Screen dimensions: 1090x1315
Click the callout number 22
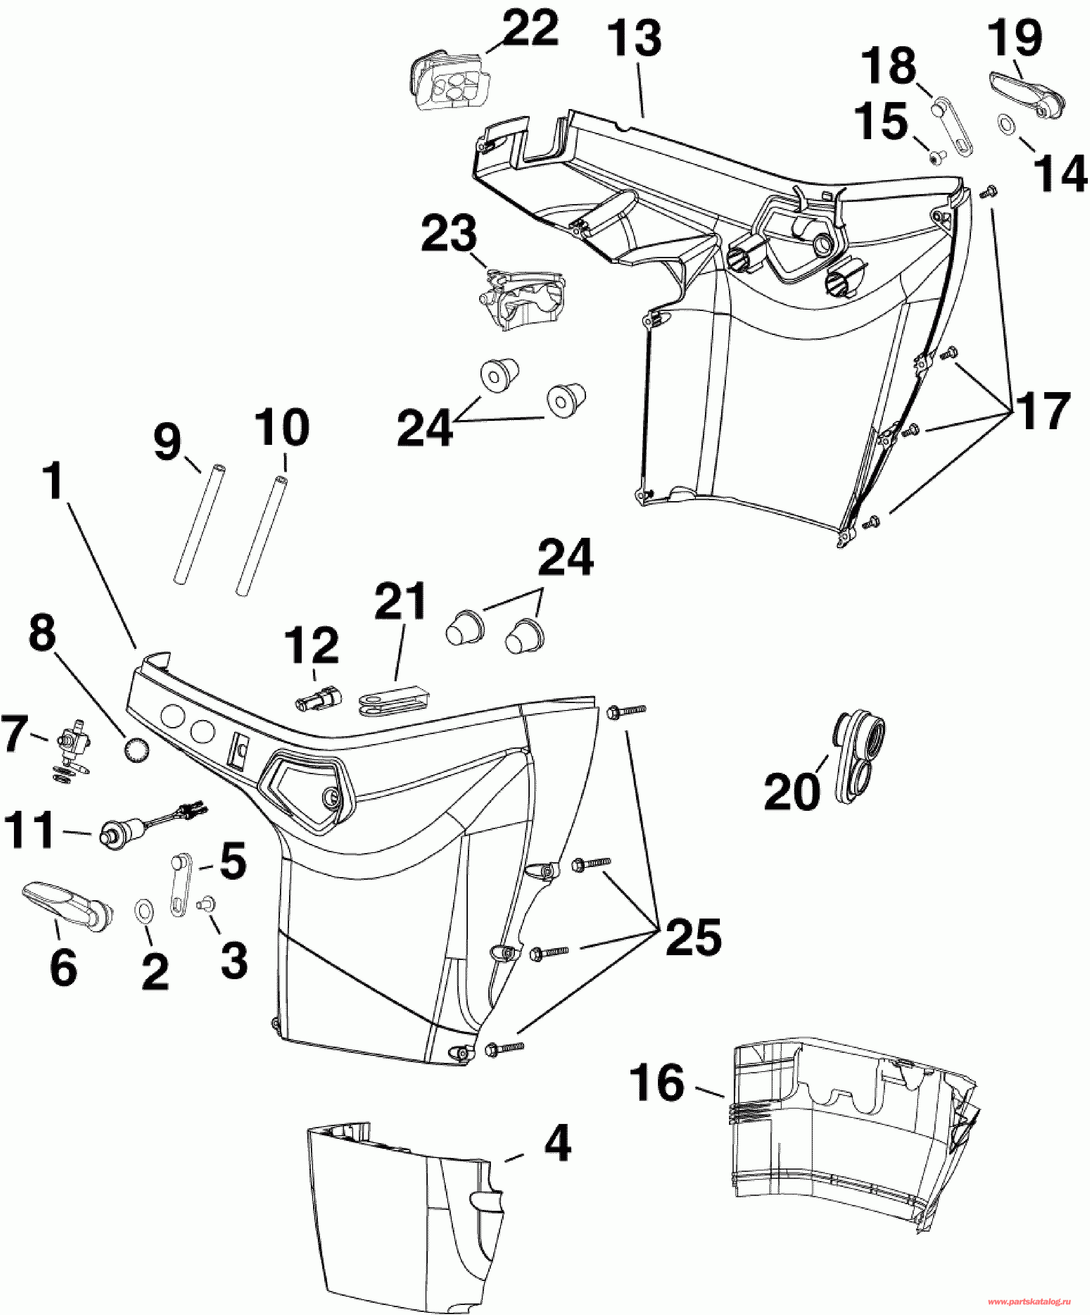click(x=530, y=28)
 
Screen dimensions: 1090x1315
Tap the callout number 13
click(x=634, y=38)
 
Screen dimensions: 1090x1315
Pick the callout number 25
click(x=694, y=937)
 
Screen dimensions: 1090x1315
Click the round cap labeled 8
click(x=138, y=750)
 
